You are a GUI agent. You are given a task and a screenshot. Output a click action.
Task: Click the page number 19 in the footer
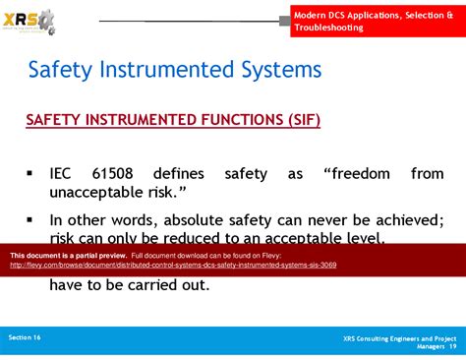coord(451,346)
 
